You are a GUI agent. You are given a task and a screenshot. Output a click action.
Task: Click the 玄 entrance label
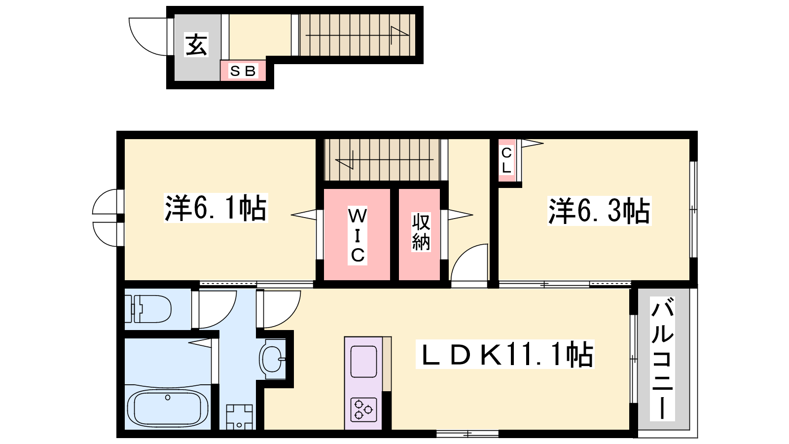tap(197, 45)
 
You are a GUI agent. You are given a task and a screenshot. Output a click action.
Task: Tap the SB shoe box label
tap(243, 71)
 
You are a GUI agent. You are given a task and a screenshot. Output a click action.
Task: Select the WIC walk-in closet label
tap(358, 235)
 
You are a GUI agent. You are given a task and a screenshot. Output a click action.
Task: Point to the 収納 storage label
tap(421, 231)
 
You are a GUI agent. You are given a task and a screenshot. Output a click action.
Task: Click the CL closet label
tap(506, 160)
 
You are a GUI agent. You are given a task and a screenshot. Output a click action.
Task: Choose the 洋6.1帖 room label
tap(215, 208)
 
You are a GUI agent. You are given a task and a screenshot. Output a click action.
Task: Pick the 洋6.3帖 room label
tap(599, 211)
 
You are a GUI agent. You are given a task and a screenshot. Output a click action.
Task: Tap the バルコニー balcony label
tap(662, 358)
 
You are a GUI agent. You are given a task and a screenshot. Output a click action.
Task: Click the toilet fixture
tap(148, 309)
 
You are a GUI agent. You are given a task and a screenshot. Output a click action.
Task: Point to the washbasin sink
tap(272, 359)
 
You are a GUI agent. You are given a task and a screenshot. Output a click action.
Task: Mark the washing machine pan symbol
tap(240, 417)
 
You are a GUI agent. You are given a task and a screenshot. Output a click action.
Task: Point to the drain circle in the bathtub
tap(168, 398)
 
